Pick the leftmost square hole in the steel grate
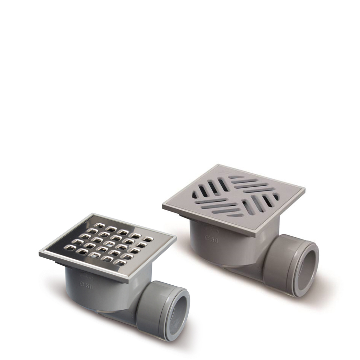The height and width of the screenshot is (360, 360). (x=70, y=247)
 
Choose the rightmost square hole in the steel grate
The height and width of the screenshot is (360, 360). (x=148, y=239)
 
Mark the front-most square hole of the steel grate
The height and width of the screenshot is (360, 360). (x=120, y=263)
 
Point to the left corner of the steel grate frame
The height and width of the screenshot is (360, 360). (x=40, y=253)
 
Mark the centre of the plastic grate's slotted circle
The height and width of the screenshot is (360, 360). (x=236, y=197)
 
